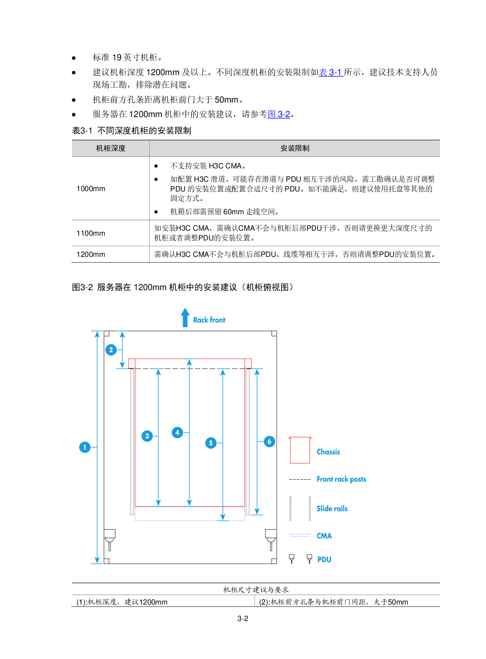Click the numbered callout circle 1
tap(85, 447)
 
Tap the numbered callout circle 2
tap(111, 350)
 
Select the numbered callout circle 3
tap(147, 436)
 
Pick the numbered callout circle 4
tap(177, 432)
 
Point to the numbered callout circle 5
tap(211, 443)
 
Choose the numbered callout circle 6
tap(269, 442)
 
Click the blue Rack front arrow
tap(185, 318)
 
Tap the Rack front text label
tap(209, 320)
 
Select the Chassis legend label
tap(328, 452)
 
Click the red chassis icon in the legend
tap(300, 450)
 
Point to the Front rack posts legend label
tap(341, 479)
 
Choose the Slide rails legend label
tap(332, 509)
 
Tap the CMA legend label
tap(324, 536)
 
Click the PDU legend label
tap(324, 560)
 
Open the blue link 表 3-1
tap(331, 72)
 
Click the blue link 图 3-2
tap(279, 114)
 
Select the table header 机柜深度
tap(111, 148)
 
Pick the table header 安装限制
tap(295, 148)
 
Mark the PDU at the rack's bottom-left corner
tap(110, 539)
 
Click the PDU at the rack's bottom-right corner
tap(271, 539)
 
